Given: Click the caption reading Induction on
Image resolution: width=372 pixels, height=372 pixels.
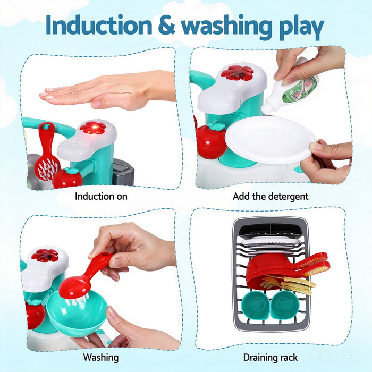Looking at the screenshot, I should [x=101, y=196].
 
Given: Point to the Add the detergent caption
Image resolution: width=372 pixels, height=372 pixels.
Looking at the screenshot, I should [x=270, y=196].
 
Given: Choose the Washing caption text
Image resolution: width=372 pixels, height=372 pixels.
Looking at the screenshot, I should [x=101, y=357].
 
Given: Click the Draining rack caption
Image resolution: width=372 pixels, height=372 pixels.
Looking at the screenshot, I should [x=270, y=357].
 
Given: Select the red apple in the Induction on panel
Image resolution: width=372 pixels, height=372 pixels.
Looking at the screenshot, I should [x=67, y=177].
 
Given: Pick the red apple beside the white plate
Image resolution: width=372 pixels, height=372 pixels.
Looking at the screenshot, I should [x=211, y=141].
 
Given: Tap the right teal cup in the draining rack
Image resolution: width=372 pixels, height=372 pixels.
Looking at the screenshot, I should [x=286, y=306].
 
